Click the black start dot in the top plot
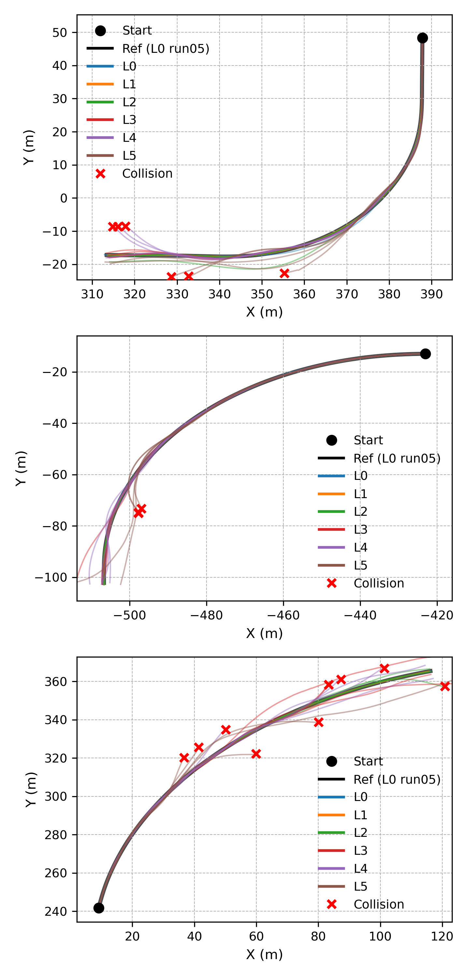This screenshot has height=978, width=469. pyautogui.click(x=422, y=38)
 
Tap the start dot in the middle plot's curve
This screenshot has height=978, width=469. pyautogui.click(x=425, y=354)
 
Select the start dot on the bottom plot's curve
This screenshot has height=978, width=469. pyautogui.click(x=99, y=908)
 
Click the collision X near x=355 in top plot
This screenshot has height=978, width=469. pyautogui.click(x=284, y=273)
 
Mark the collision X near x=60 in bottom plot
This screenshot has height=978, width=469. pyautogui.click(x=256, y=754)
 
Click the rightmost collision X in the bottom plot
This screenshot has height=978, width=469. pyautogui.click(x=445, y=686)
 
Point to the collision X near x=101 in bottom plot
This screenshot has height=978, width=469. pyautogui.click(x=384, y=668)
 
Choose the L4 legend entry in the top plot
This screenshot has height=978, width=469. pyautogui.click(x=129, y=138)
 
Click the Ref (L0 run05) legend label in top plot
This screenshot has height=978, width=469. pyautogui.click(x=165, y=49)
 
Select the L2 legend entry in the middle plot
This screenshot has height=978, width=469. pyautogui.click(x=360, y=511)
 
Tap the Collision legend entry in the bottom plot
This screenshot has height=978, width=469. pyautogui.click(x=378, y=904)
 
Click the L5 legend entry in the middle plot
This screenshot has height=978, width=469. pyautogui.click(x=360, y=565)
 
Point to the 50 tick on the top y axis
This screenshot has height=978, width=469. pyautogui.click(x=60, y=33)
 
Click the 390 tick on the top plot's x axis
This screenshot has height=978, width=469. pyautogui.click(x=432, y=294)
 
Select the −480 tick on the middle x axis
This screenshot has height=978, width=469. pyautogui.click(x=206, y=615)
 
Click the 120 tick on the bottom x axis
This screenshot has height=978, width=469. pyautogui.click(x=442, y=936)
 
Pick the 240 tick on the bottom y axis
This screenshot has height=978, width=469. pyautogui.click(x=56, y=911)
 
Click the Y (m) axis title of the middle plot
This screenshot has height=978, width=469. pyautogui.click(x=21, y=468)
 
